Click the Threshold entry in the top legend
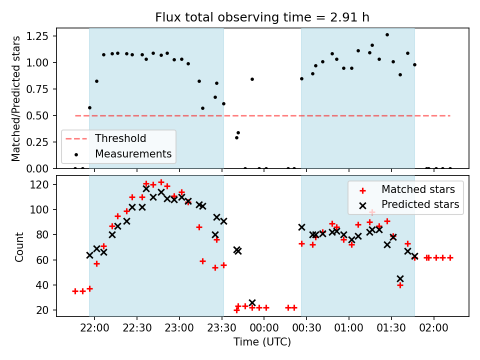[106, 138]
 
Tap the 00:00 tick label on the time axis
[264, 328]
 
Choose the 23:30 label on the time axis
[221, 328]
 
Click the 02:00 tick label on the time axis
[433, 328]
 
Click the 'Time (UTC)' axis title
[262, 341]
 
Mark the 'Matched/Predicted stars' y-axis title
[16, 98]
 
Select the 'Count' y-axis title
[19, 247]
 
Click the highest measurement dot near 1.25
[387, 35]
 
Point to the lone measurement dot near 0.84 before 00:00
[252, 79]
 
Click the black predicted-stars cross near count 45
[400, 279]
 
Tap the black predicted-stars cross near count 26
[252, 303]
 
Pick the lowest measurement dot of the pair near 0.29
[236, 138]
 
